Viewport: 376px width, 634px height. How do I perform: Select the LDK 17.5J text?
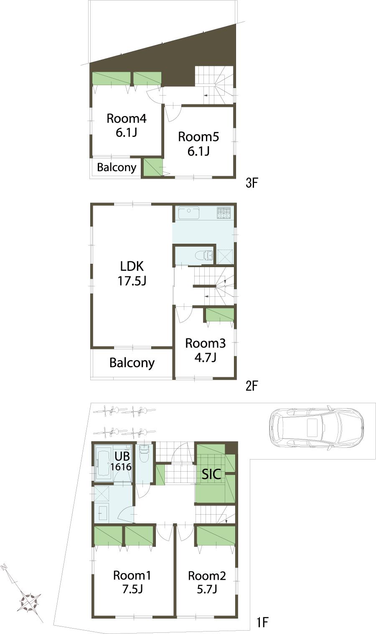[x=132, y=273]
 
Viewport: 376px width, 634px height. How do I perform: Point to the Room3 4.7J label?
[x=205, y=350]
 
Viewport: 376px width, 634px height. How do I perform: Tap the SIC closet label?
[x=211, y=475]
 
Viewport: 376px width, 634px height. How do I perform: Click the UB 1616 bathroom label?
[x=121, y=461]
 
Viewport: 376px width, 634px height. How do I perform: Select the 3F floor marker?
[x=252, y=183]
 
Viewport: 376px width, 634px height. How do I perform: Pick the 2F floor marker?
[x=252, y=386]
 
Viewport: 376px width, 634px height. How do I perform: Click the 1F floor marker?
[x=262, y=623]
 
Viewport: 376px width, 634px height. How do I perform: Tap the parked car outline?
[x=316, y=427]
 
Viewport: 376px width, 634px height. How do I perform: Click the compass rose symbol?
[x=29, y=602]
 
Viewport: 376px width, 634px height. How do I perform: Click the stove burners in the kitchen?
[x=224, y=212]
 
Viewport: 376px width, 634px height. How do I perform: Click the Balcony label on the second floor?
[x=132, y=363]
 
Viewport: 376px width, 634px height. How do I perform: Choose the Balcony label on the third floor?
[x=117, y=167]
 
